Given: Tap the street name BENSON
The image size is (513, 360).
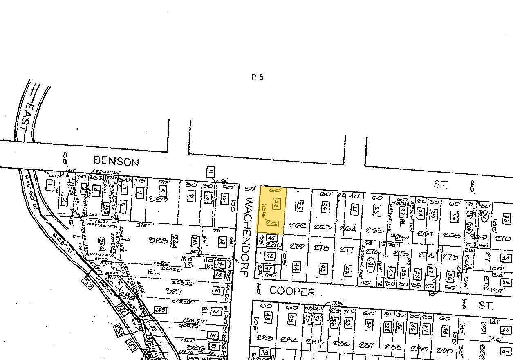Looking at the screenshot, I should [x=116, y=162].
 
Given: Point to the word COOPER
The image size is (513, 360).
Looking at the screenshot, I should [x=292, y=291].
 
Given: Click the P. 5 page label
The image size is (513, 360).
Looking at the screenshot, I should [x=258, y=77].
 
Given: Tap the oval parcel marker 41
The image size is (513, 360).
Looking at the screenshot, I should [x=371, y=263].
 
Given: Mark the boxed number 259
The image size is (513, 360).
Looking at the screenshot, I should [x=160, y=310].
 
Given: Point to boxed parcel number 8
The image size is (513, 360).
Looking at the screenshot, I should [x=163, y=191].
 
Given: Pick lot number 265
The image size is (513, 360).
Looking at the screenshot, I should [x=375, y=230].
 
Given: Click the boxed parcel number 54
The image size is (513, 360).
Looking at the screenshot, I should [x=369, y=325].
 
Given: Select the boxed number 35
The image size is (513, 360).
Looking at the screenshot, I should [x=506, y=282].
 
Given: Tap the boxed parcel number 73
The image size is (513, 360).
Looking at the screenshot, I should [x=266, y=352].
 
